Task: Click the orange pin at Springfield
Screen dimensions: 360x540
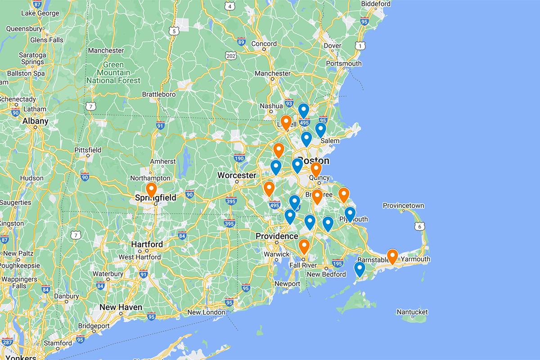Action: (x=151, y=190)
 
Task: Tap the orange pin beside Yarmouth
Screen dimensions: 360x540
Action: (x=392, y=256)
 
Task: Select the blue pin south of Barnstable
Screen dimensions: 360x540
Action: (x=359, y=269)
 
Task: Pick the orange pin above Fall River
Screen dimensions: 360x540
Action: (x=304, y=246)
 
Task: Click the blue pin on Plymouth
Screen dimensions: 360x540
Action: (x=350, y=214)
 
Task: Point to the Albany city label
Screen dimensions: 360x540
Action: (x=35, y=121)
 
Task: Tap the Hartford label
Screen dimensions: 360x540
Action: (x=147, y=244)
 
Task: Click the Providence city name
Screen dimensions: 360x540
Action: (x=277, y=236)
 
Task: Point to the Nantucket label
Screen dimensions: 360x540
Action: (x=412, y=312)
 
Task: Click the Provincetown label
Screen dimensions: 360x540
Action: (x=403, y=206)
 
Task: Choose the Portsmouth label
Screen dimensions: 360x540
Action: (x=344, y=63)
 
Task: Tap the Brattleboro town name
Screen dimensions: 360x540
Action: (x=158, y=94)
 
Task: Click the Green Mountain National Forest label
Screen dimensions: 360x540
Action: (x=113, y=73)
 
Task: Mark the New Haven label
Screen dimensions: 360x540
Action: (x=121, y=307)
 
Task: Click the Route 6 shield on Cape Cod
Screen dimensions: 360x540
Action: (x=419, y=227)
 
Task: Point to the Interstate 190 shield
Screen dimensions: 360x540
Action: (x=239, y=158)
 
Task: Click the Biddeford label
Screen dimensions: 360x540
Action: (x=375, y=4)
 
